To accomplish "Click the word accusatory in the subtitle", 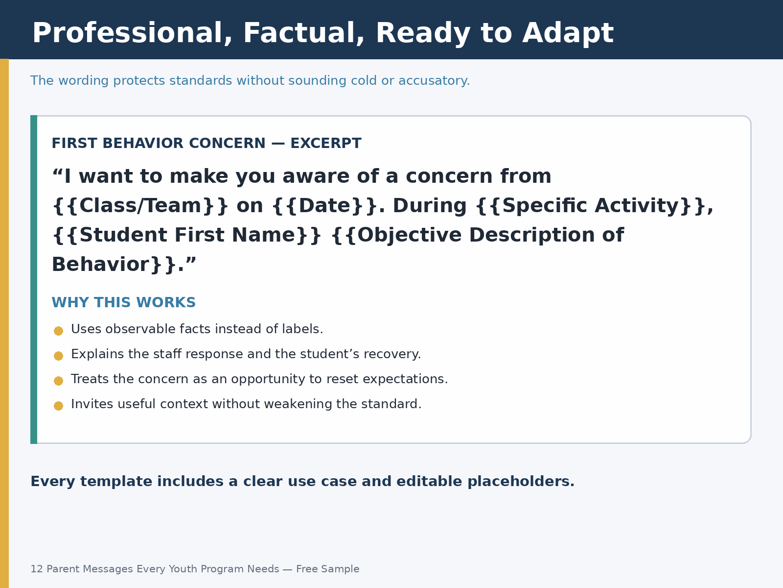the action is [434, 81].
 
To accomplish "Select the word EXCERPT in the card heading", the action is [326, 143].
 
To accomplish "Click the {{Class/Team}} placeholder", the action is [140, 206].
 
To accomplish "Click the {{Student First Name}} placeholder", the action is [187, 235].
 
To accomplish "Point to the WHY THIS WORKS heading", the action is [124, 302].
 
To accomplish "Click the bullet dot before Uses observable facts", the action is [59, 331].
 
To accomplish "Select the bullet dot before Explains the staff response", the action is [59, 356].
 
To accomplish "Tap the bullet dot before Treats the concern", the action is [59, 381].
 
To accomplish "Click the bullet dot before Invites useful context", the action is [59, 406].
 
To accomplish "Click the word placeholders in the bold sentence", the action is [521, 482].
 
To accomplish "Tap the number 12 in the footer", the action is [37, 569].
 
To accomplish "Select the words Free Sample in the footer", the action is [328, 569].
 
